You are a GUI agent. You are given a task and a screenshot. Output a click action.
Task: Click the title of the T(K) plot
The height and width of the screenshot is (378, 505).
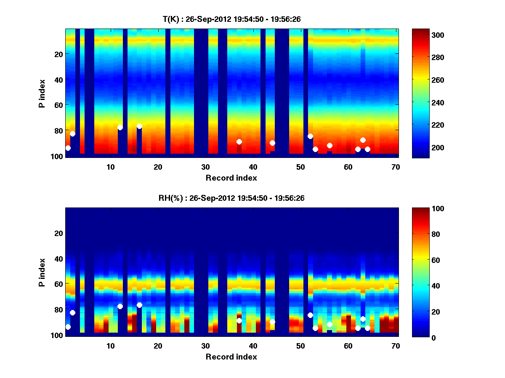[231, 19]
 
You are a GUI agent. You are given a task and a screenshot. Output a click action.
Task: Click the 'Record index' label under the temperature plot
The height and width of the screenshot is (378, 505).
[231, 178]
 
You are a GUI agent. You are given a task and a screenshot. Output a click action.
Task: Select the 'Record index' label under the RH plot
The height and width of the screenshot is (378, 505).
[231, 357]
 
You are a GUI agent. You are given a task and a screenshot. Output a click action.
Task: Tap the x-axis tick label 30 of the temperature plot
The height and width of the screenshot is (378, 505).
[205, 167]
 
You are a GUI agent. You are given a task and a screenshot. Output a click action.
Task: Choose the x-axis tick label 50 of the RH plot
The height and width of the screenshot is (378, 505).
[300, 346]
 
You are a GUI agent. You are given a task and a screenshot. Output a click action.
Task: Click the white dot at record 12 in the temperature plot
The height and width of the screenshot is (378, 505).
[120, 127]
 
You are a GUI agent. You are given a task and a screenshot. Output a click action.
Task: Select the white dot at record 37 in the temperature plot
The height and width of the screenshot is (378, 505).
[239, 142]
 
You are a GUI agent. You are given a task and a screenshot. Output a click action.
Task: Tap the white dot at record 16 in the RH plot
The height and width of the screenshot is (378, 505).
[139, 305]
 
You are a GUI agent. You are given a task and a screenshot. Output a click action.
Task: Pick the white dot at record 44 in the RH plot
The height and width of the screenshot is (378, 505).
[272, 322]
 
